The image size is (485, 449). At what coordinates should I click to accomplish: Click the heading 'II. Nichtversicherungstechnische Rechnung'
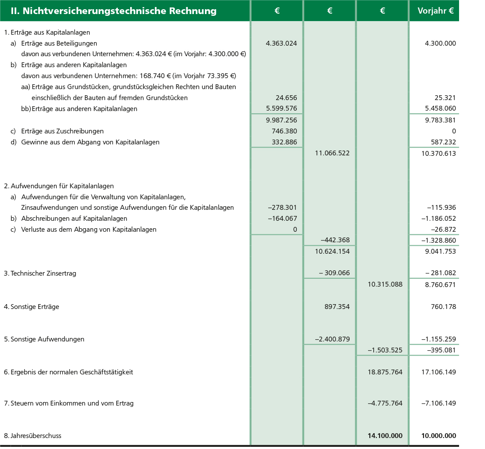click(x=113, y=11)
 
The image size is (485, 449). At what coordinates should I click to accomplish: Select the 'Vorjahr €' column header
click(x=433, y=11)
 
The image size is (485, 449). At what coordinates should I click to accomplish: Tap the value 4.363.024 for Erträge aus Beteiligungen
click(x=281, y=43)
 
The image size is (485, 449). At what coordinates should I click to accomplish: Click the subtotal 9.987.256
click(x=281, y=120)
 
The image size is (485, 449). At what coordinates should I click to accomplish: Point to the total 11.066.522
click(x=333, y=153)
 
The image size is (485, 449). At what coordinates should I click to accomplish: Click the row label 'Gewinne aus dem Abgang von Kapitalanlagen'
click(x=90, y=142)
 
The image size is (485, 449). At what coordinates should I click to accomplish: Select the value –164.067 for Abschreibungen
click(x=282, y=219)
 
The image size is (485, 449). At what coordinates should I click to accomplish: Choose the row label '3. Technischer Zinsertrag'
click(x=40, y=273)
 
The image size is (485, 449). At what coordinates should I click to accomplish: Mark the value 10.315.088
click(x=385, y=284)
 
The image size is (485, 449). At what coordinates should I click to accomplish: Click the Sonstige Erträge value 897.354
click(x=337, y=307)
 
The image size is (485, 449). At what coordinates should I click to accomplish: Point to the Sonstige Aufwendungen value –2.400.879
click(x=332, y=339)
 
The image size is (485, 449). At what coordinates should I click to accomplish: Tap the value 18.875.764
click(x=385, y=372)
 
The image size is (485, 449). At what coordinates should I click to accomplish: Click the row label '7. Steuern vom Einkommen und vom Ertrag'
click(x=69, y=403)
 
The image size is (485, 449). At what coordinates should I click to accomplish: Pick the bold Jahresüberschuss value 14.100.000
click(x=385, y=436)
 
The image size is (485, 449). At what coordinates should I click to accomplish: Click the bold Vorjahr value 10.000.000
click(x=438, y=436)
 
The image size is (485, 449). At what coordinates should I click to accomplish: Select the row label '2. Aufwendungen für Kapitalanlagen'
click(x=59, y=186)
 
